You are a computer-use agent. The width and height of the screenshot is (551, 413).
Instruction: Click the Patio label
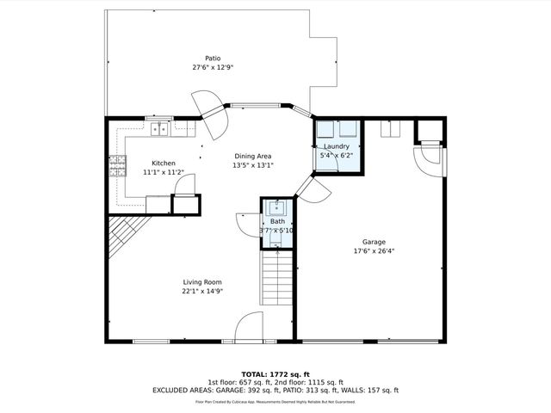(213, 59)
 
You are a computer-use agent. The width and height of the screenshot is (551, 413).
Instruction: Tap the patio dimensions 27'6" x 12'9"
(213, 67)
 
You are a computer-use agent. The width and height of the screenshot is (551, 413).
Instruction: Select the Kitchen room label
(164, 163)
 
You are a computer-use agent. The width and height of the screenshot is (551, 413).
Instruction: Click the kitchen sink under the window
(159, 129)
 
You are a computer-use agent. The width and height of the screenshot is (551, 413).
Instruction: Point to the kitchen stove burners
(116, 163)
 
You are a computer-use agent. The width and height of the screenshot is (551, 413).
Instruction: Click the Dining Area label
(254, 157)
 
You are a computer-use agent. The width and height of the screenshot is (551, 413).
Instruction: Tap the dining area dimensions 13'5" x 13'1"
(254, 165)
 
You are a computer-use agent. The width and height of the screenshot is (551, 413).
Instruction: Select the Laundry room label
(335, 146)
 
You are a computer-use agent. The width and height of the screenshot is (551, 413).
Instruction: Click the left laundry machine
(325, 129)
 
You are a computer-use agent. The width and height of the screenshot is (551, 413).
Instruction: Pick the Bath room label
(276, 221)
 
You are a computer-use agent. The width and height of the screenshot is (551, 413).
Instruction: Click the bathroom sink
(276, 207)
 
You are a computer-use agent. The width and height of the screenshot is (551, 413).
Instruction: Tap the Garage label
(374, 242)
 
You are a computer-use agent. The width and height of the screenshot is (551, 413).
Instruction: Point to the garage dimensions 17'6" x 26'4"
(374, 251)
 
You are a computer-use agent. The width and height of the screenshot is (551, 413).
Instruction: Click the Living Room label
(202, 282)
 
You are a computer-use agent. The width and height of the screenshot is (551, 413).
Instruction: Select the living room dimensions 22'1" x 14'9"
(202, 292)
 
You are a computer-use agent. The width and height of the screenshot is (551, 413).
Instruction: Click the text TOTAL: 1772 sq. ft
(275, 374)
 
